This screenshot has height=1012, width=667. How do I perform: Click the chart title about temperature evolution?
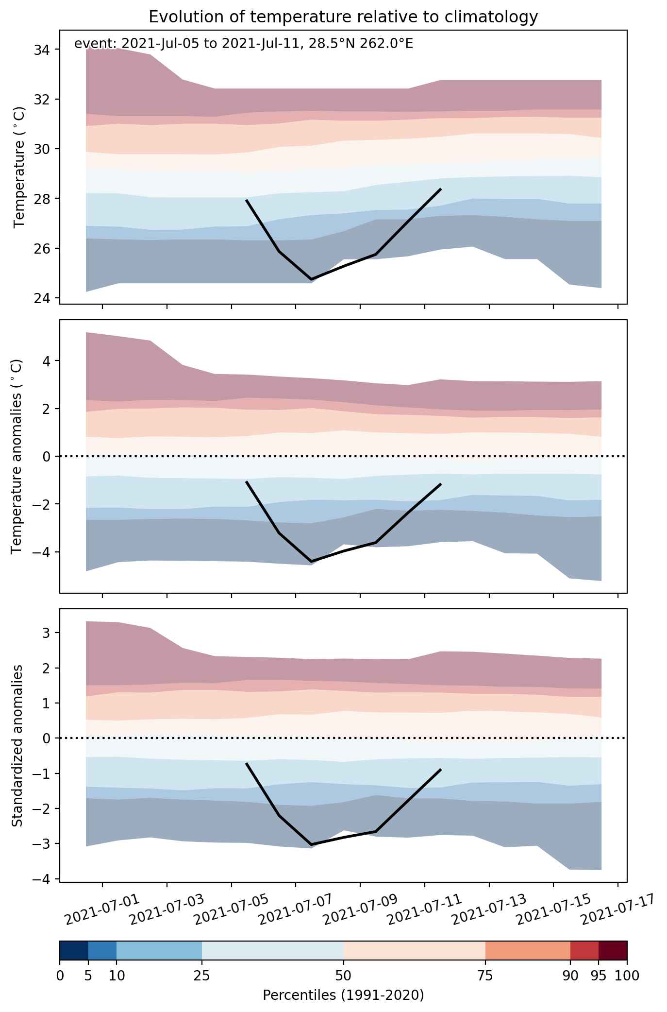(x=343, y=17)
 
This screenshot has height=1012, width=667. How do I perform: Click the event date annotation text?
(x=243, y=44)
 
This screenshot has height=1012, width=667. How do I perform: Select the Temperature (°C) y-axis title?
(x=19, y=167)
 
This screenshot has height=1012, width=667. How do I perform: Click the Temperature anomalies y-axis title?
(x=17, y=456)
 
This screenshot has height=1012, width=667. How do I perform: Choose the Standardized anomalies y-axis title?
(x=17, y=745)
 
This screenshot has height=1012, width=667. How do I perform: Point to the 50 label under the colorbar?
(x=344, y=975)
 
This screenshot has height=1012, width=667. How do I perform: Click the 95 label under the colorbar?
(x=599, y=975)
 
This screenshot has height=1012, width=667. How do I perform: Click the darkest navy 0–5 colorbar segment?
(x=74, y=951)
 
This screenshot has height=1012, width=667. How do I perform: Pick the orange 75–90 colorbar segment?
(x=528, y=951)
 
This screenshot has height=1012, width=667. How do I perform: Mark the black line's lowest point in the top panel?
(x=311, y=279)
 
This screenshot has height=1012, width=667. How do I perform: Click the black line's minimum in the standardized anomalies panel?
(x=311, y=844)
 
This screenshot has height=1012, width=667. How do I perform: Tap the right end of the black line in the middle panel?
(x=440, y=484)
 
